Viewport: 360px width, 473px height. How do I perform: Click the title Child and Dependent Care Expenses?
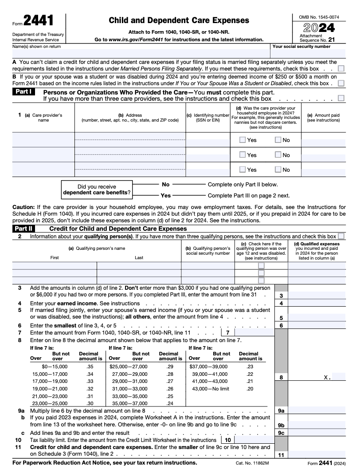click(x=179, y=20)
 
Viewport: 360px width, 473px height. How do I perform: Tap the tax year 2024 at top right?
click(x=318, y=28)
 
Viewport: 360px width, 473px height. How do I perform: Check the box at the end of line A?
click(x=341, y=69)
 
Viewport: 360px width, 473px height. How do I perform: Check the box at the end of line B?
click(x=341, y=83)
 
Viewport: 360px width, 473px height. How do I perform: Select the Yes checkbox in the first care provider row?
click(x=243, y=140)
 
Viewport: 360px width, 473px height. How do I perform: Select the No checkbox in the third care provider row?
click(x=278, y=169)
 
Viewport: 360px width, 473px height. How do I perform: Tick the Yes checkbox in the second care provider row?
click(x=243, y=155)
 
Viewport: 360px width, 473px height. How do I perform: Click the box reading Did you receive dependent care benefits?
click(x=97, y=189)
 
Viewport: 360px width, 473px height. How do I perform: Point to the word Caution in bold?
click(x=23, y=207)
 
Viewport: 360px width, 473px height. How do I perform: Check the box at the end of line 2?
click(x=341, y=236)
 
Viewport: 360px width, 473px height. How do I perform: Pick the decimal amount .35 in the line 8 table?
click(x=90, y=367)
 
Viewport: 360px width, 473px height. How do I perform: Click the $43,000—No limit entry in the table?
click(x=209, y=389)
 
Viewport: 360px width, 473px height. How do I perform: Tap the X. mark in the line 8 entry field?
click(x=327, y=377)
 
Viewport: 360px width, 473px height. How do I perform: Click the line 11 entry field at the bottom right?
click(x=317, y=454)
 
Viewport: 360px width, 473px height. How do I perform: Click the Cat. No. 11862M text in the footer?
click(x=252, y=463)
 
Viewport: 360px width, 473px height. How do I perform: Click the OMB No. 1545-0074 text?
click(x=319, y=17)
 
